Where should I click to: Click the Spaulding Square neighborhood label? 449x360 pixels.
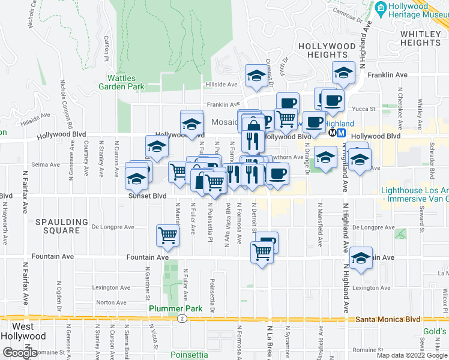click(58, 226)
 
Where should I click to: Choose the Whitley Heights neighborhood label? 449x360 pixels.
click(421, 38)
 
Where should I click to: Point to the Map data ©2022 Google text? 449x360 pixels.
click(412, 355)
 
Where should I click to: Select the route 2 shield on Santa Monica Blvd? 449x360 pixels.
click(181, 319)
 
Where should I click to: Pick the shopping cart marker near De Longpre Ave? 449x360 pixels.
click(168, 235)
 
